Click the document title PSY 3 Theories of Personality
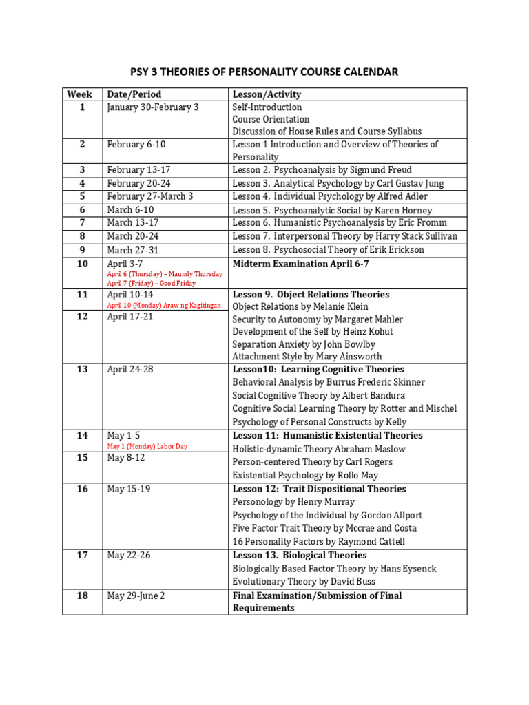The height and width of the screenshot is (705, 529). (264, 72)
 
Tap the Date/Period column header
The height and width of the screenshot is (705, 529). (134, 94)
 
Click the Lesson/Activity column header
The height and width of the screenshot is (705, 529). (267, 94)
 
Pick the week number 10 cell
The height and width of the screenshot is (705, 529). (82, 264)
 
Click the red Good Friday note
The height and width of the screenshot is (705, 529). (152, 283)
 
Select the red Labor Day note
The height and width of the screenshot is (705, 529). (147, 446)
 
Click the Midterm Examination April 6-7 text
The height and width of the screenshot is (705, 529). (305, 264)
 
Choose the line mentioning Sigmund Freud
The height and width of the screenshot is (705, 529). (322, 170)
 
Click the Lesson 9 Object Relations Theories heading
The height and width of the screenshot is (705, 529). (311, 294)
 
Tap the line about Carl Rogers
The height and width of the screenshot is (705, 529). (312, 462)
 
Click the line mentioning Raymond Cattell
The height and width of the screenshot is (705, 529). (318, 541)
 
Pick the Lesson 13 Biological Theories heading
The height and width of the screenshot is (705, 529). (299, 555)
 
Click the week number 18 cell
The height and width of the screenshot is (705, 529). (82, 596)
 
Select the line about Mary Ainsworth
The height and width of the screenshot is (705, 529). (307, 357)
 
